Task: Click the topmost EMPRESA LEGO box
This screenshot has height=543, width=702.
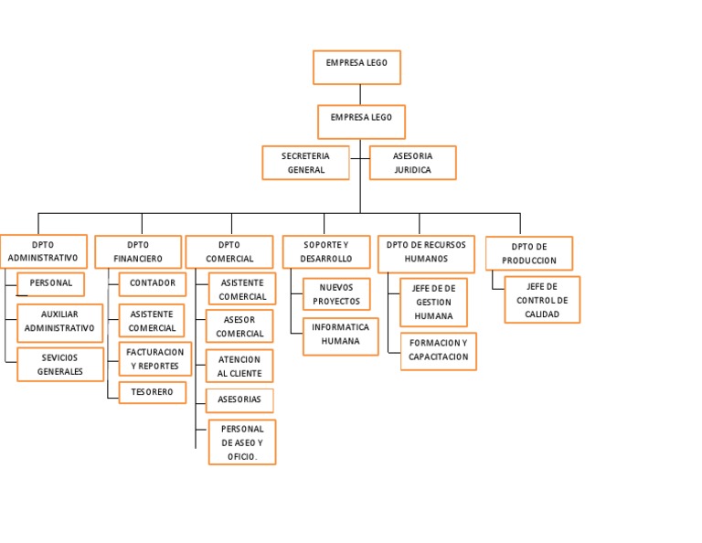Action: coord(356,67)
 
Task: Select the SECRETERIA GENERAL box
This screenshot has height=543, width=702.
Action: coord(305,163)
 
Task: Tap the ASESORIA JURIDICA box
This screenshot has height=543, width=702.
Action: coord(412,163)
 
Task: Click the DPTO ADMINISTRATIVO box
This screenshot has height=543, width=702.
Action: coord(43,251)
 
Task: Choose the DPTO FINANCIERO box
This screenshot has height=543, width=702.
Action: coord(138,251)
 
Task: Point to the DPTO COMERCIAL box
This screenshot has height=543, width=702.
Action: coord(229,251)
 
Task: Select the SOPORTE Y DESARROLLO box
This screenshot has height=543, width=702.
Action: coord(325,251)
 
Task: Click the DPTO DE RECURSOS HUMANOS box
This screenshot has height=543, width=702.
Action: coord(426,253)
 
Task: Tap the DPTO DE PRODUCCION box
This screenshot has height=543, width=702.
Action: coord(528,253)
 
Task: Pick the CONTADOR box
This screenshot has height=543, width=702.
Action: coord(152,283)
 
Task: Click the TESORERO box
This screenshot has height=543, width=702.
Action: coord(152,392)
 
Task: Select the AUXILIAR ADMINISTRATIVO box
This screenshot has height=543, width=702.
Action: coord(59,321)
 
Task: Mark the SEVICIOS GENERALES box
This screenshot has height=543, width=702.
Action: coord(59,364)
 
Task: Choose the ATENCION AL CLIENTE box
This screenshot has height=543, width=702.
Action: coord(239,366)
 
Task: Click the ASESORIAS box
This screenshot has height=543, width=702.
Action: coord(239,399)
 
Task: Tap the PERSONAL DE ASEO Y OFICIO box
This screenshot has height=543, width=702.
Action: coord(242,442)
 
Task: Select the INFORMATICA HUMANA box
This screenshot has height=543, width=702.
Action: coord(340,335)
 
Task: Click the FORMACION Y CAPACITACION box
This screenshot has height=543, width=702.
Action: coord(438,350)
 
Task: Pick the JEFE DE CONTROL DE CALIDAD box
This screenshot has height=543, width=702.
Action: coord(542,300)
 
